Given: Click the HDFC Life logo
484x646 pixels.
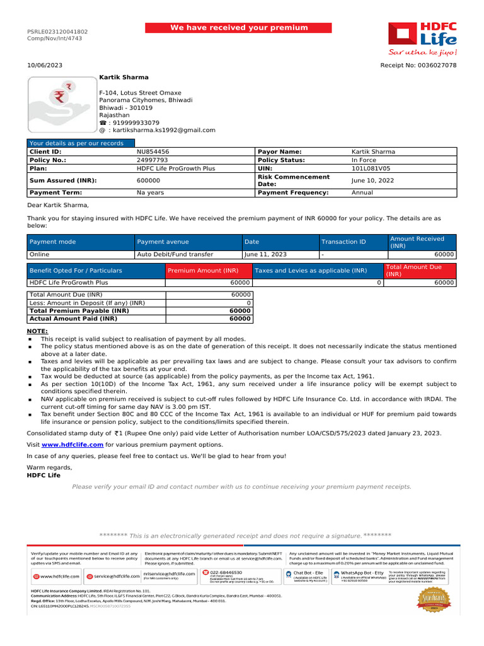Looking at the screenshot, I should (x=422, y=38).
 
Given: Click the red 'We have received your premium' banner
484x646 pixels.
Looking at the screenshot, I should (x=239, y=28).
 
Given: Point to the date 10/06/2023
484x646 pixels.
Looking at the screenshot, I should (x=45, y=66).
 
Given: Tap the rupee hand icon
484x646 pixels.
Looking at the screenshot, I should (x=60, y=101).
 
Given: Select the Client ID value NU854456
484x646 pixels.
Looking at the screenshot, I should (x=153, y=152).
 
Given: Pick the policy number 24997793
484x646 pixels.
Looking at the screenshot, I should (x=153, y=160).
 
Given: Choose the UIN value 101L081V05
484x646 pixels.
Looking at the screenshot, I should (x=371, y=169).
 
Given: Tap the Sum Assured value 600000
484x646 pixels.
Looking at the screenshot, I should (x=148, y=180).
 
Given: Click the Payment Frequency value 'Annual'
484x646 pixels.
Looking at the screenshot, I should (x=363, y=192).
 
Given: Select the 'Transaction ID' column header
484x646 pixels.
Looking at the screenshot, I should (x=343, y=242).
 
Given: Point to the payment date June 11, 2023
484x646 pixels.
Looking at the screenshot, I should (x=265, y=254).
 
